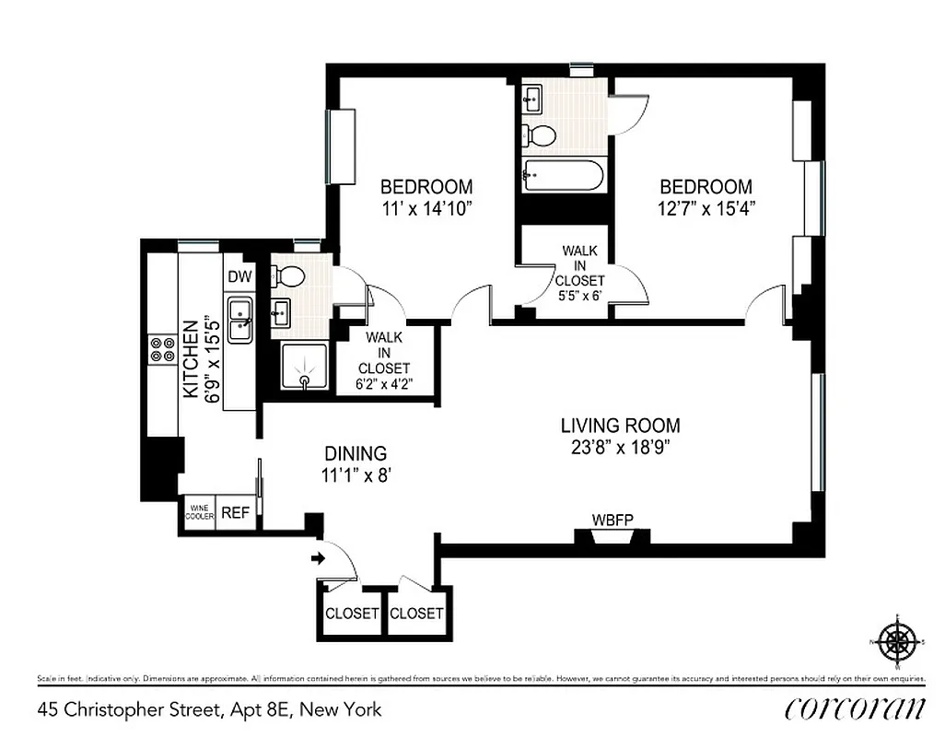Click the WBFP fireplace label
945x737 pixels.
[x=612, y=519]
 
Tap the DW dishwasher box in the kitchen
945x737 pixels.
[x=239, y=276]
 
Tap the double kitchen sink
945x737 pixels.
[x=239, y=320]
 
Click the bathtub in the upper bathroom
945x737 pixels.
[x=562, y=174]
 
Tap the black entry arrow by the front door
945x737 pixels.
[x=320, y=557]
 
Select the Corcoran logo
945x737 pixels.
[x=855, y=708]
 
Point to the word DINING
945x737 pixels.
[x=356, y=453]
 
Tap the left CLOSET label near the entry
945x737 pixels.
[x=352, y=614]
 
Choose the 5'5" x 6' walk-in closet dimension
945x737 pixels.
[x=579, y=296]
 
